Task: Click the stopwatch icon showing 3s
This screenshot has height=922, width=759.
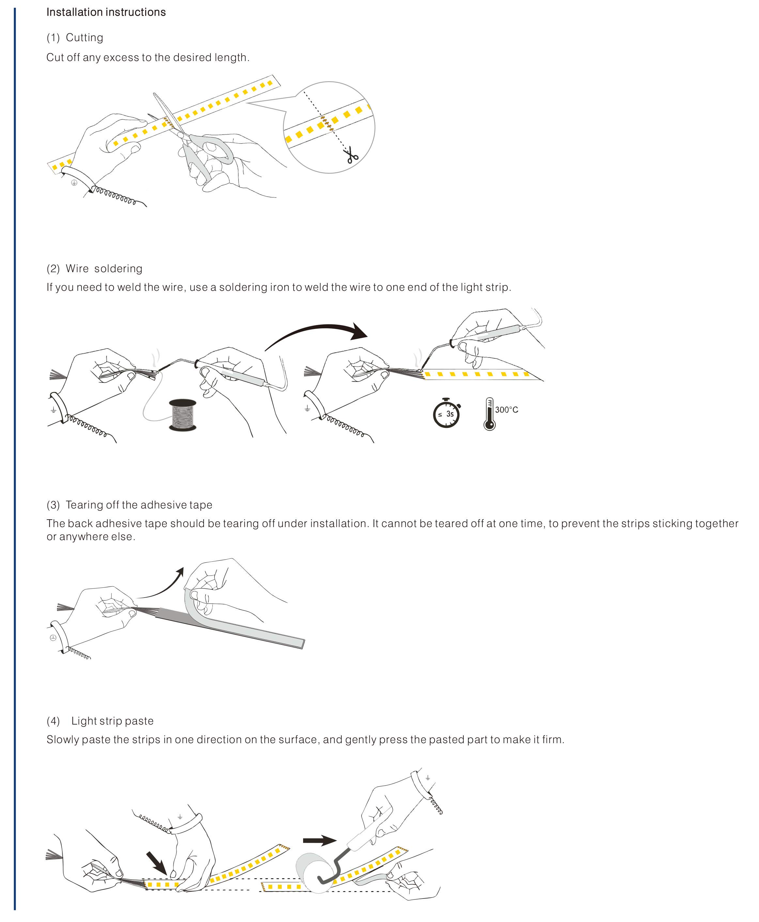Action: click(446, 413)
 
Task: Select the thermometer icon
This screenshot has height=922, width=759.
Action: click(489, 414)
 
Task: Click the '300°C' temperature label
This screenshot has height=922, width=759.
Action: click(506, 410)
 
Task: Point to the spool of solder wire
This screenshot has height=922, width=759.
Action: click(182, 414)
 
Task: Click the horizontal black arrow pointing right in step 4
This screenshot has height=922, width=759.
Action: click(319, 840)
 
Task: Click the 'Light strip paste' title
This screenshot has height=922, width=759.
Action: click(112, 721)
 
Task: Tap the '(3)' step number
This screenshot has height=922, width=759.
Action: click(53, 505)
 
